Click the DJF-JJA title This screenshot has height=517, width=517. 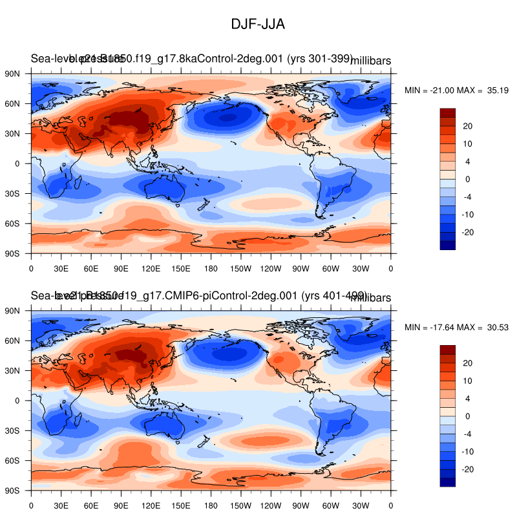pyautogui.click(x=258, y=24)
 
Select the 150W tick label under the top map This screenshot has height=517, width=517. pyautogui.click(x=240, y=268)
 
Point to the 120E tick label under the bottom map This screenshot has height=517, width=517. pyautogui.click(x=151, y=504)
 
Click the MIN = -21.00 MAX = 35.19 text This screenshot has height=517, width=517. pyautogui.click(x=457, y=90)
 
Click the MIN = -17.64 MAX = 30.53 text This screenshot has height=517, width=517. pyautogui.click(x=457, y=328)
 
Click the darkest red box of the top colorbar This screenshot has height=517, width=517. pyautogui.click(x=448, y=113)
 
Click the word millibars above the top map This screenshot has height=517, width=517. pyautogui.click(x=370, y=61)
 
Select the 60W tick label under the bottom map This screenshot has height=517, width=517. pyautogui.click(x=330, y=504)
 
